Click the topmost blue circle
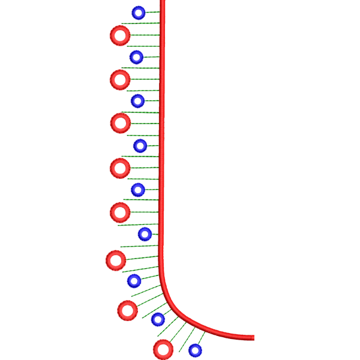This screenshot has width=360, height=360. pos(139,12)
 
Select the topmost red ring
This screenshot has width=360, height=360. pos(120,35)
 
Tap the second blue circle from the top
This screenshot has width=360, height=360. pos(137,57)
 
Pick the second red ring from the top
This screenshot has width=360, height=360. pos(120,79)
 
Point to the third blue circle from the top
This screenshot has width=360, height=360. pos(138,100)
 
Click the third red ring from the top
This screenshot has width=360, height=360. pos(121,123)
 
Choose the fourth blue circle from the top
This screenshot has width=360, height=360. pos(140,145)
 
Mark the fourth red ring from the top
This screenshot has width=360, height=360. pos(120,167)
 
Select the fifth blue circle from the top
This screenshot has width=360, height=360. pos(138,190)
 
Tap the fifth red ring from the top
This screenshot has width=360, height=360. pos(120,212)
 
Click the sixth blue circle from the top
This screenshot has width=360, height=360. pos(145,233)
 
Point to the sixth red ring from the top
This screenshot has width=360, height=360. pos(116,260)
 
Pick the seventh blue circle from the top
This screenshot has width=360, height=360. pos(134,280)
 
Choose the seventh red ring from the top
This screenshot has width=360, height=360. pos(127,310)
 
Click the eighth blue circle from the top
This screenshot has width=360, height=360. pos(158,319)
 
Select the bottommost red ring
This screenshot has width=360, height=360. pos(163,349)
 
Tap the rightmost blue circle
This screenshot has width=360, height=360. pos(195,349)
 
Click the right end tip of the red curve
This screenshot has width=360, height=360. pos(254,338)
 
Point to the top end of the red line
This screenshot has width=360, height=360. pos(163,2)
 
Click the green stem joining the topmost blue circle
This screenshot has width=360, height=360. pos(153,12)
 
